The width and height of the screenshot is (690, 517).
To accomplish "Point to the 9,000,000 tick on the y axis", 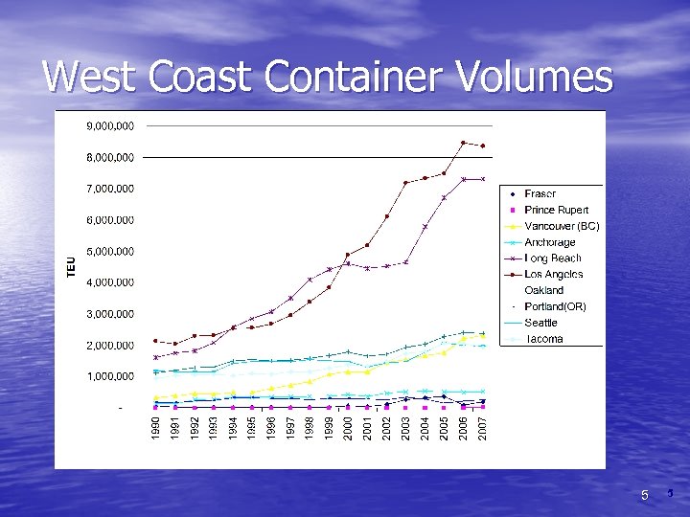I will [110, 125].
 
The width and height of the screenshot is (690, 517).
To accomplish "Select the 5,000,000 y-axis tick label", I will [110, 251].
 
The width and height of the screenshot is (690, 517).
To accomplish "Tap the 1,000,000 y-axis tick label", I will [110, 376].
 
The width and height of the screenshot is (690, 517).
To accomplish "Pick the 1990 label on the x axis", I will [156, 428].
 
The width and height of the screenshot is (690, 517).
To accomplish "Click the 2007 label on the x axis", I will [483, 428].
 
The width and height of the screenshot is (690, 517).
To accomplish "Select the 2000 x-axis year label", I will [348, 428].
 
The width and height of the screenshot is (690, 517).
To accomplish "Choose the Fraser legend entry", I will [540, 194].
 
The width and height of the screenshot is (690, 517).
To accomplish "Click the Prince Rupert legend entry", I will [556, 210].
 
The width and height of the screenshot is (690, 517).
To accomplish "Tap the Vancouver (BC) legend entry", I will [562, 226].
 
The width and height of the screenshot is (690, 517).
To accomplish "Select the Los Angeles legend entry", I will [553, 275].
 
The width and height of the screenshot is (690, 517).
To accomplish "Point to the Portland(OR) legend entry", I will [555, 306].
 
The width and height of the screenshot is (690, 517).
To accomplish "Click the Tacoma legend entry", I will [543, 339].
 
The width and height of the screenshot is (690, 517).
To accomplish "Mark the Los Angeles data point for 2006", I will [464, 143].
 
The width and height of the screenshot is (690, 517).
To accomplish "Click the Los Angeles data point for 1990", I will [156, 341].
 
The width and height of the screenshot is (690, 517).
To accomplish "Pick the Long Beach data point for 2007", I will [483, 179].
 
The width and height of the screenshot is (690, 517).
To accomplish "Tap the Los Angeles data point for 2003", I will [405, 182].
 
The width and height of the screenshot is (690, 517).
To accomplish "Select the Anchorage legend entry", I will [550, 242].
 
